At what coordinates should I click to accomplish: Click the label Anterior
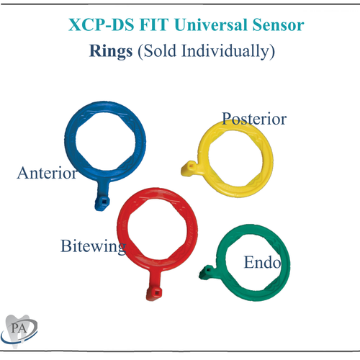[47, 174]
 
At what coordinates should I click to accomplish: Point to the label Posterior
[254, 118]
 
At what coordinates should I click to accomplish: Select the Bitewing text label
[93, 246]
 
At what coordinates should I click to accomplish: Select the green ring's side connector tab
[207, 272]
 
